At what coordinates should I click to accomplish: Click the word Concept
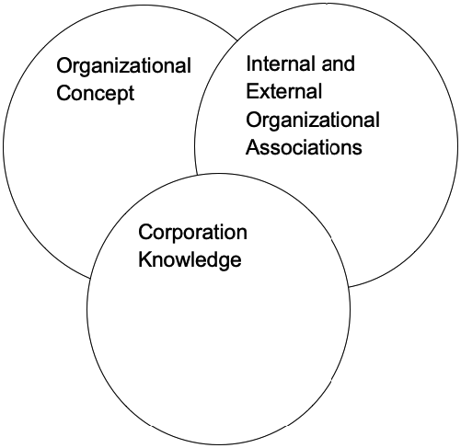(x=96, y=93)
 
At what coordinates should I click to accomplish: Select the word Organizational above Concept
(x=123, y=66)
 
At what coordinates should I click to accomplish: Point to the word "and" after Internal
(x=338, y=63)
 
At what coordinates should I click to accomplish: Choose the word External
(x=284, y=91)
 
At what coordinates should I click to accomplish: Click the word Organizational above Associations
(x=313, y=120)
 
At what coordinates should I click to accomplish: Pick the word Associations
(x=304, y=147)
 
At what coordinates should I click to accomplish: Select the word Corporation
(x=192, y=233)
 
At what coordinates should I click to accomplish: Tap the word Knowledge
(x=190, y=260)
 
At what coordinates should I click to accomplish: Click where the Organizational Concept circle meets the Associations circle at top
(x=237, y=40)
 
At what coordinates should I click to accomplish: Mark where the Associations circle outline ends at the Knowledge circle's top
(x=197, y=175)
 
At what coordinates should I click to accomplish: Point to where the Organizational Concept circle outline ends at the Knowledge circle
(x=90, y=278)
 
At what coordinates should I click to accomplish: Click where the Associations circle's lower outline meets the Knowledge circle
(x=349, y=287)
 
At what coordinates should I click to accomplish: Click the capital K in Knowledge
(x=144, y=259)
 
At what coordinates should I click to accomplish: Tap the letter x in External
(x=266, y=94)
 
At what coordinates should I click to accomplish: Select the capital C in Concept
(x=64, y=93)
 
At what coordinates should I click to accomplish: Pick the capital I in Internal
(x=248, y=63)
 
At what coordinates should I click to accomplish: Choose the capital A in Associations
(x=253, y=147)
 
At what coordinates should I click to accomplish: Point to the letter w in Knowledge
(x=180, y=261)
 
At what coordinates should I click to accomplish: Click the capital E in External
(x=252, y=91)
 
